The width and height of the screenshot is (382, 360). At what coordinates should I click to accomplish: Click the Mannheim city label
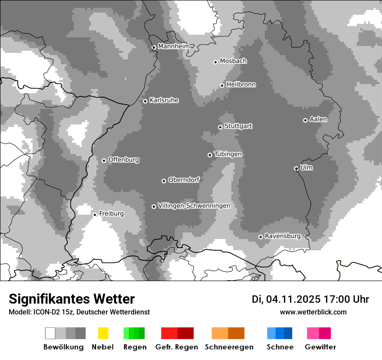[x=174, y=46]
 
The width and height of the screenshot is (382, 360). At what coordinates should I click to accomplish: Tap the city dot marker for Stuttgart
[x=220, y=127]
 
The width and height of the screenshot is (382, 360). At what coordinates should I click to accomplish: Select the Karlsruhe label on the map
[x=164, y=100]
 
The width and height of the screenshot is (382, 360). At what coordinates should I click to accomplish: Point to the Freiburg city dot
[x=95, y=215]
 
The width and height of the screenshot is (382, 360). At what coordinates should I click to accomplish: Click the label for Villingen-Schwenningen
[x=194, y=206]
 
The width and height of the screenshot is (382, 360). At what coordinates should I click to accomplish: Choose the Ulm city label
[x=306, y=167]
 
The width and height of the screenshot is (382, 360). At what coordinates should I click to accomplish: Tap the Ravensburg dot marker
[x=260, y=237]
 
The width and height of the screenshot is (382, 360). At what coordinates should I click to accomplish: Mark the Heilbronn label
[x=241, y=85]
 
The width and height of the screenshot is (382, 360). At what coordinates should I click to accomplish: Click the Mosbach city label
[x=233, y=61]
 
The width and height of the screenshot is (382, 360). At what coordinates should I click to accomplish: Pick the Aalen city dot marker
[x=305, y=120]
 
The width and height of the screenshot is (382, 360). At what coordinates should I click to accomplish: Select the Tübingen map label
[x=228, y=154]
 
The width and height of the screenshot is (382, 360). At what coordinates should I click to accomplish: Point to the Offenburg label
[x=124, y=160]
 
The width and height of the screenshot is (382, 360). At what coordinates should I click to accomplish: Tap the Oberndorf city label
[x=184, y=180]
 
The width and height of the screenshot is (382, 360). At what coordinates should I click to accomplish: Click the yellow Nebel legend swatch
[x=103, y=333]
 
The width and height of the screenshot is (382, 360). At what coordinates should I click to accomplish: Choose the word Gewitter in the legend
[x=320, y=347]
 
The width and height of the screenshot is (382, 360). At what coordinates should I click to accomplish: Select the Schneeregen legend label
[x=229, y=347]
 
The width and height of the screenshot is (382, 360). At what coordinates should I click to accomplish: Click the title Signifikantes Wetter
[x=72, y=299]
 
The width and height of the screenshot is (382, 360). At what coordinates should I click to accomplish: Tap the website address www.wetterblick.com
[x=313, y=312]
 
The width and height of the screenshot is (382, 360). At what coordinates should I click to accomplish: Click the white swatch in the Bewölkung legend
[x=50, y=333]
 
